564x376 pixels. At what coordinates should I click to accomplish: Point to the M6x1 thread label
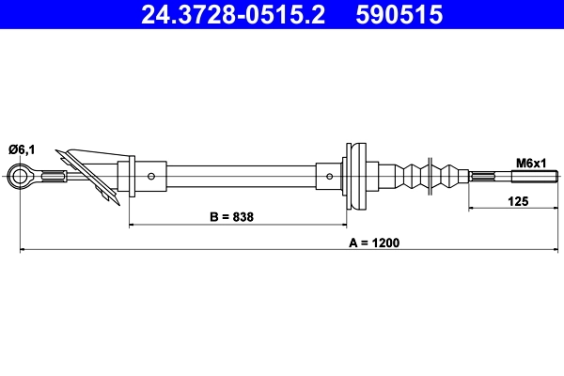point(531,163)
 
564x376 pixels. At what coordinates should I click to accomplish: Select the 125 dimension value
point(516,199)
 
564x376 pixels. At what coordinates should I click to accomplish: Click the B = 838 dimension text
point(231,216)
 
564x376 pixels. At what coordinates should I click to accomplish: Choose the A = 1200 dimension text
point(374,243)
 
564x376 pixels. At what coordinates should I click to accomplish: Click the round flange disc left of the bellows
point(354,175)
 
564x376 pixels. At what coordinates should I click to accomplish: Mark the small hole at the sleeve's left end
point(152,175)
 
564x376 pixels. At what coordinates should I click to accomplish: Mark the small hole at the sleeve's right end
point(327,175)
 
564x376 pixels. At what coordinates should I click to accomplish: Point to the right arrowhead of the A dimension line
point(556,250)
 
